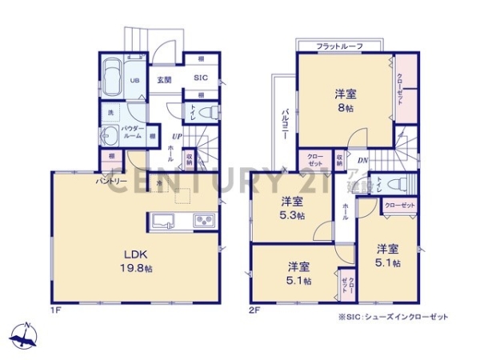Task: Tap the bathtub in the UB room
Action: pos(110,80)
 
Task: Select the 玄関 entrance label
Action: pos(164,79)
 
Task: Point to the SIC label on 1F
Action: pos(201,78)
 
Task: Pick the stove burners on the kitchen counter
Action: pos(202,220)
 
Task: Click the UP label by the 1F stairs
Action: pos(174,137)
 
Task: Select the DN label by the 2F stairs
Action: pos(362,161)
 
